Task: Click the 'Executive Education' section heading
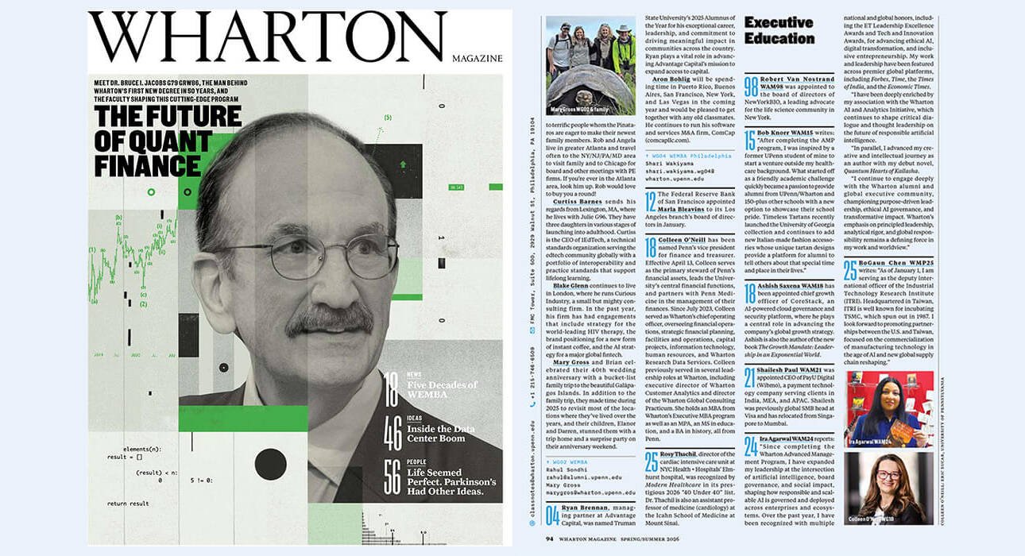point(779,30)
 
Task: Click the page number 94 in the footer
point(549,538)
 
